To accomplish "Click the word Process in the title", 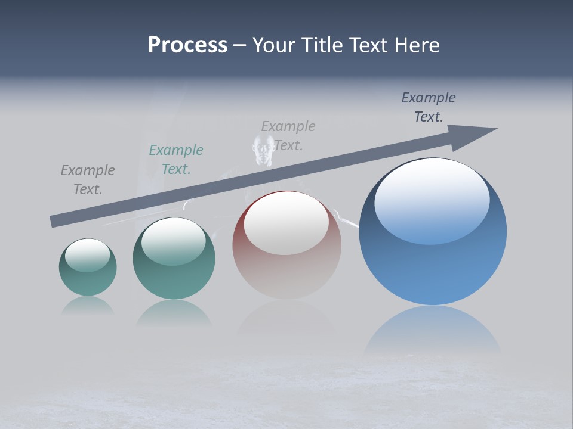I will pos(187,45).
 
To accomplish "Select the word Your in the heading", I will pos(274,45).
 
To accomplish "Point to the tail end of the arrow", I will pos(54,222).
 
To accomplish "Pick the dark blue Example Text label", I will pos(429,107).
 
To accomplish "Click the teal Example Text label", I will pos(176,160).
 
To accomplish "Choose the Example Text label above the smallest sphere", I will pos(88,180).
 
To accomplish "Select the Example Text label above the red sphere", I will pos(288,135).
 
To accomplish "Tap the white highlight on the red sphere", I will pos(286,223).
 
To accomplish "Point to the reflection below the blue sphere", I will pos(433,331).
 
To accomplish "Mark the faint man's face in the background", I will pos(262,150).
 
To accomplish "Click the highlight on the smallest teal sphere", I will pos(88,255).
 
